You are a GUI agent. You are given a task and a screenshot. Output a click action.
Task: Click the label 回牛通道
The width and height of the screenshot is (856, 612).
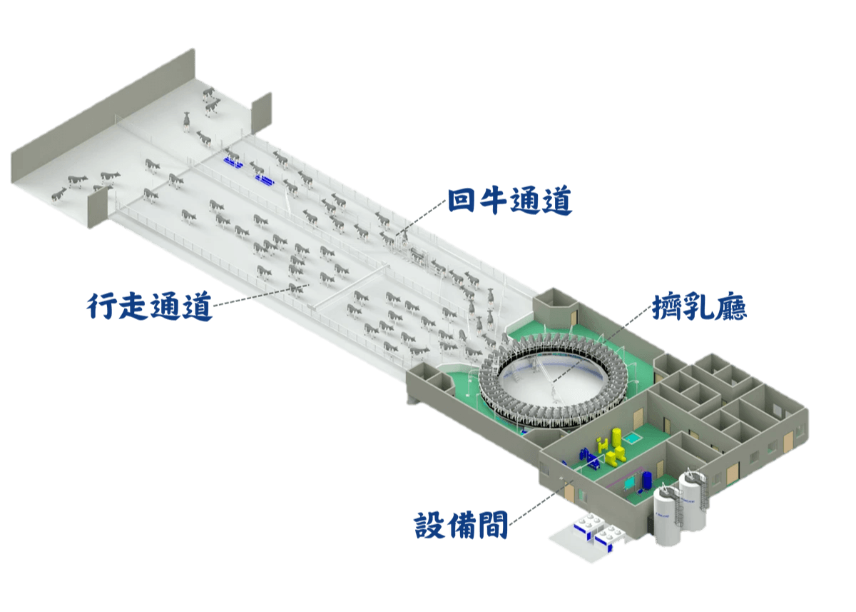point(510,201)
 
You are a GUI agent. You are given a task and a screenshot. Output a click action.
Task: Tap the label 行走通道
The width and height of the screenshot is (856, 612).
point(150,306)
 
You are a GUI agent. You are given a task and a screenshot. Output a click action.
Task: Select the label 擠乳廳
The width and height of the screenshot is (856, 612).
point(700,307)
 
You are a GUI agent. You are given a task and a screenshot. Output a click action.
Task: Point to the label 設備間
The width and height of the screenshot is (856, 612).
point(462,526)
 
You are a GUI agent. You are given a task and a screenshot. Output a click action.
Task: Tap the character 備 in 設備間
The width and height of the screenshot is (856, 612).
point(462,526)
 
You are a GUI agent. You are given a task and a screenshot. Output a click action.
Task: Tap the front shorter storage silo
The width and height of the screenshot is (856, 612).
point(668,516)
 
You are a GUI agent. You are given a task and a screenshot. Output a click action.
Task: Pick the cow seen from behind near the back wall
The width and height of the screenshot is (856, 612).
point(186,121)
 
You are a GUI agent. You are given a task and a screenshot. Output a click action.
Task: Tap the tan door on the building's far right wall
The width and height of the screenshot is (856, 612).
point(788,441)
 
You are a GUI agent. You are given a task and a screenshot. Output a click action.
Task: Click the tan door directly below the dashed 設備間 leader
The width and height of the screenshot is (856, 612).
point(569,493)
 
